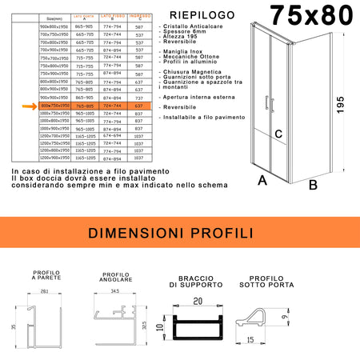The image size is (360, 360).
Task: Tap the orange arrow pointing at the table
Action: pyautogui.click(x=30, y=106)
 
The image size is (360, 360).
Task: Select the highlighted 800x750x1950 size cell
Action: pyautogui.click(x=56, y=106)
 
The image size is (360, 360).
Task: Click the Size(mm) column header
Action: pyautogui.click(x=56, y=16)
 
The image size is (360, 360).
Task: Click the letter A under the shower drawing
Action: pyautogui.click(x=262, y=181)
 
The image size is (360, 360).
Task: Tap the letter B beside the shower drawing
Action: pyautogui.click(x=313, y=185)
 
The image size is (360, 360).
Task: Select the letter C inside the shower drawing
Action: pyautogui.click(x=278, y=134)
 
